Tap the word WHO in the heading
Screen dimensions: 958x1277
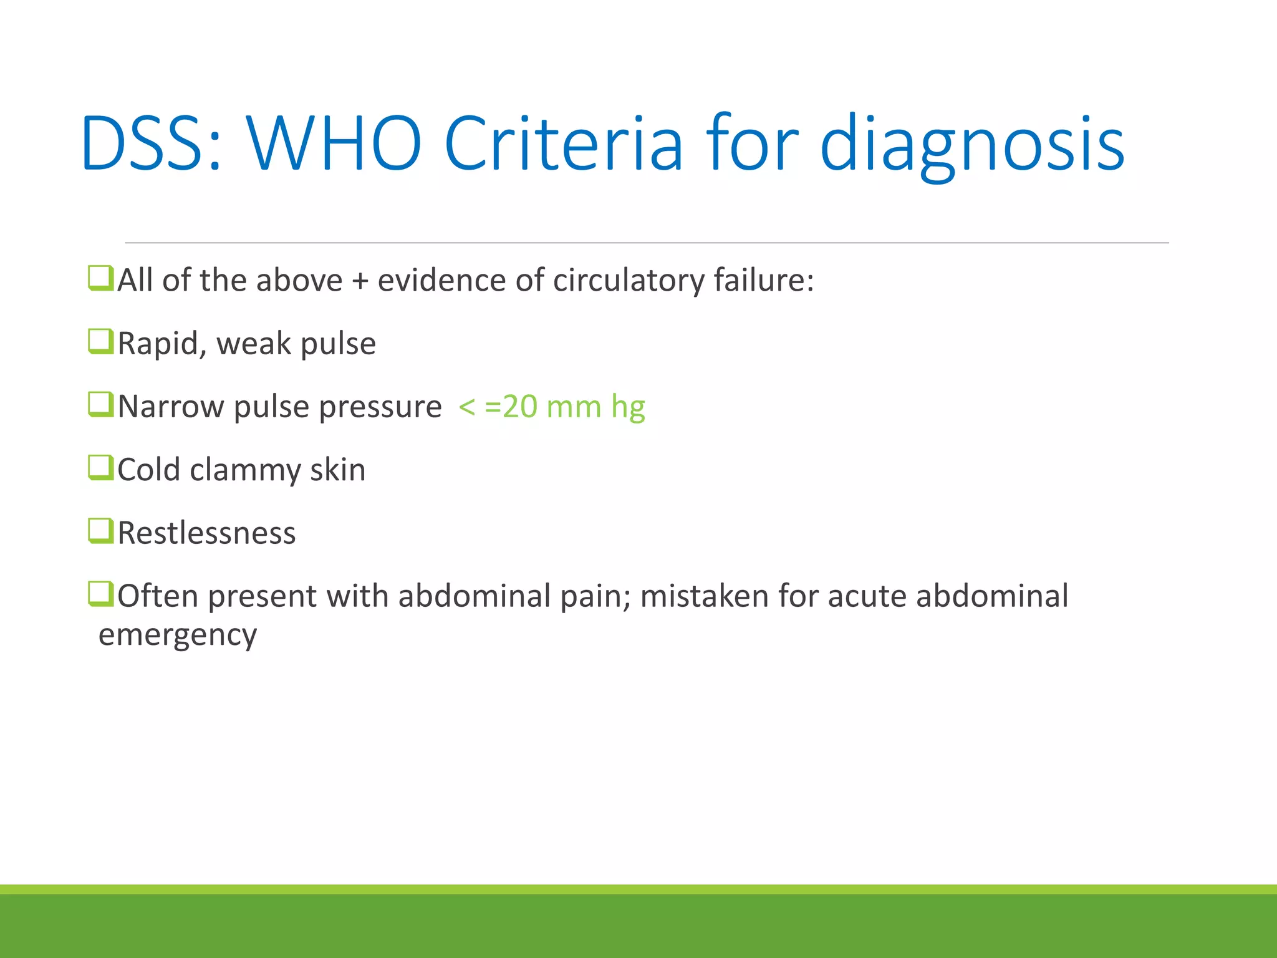334,144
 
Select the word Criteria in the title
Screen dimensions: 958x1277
564,144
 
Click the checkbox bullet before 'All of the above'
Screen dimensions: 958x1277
100,278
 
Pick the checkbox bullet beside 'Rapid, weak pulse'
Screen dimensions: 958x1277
100,341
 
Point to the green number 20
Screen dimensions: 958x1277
519,407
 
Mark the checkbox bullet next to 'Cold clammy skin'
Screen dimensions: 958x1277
100,468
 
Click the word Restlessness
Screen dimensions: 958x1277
206,533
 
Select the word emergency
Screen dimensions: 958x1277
178,636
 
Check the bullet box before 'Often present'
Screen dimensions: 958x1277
100,594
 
